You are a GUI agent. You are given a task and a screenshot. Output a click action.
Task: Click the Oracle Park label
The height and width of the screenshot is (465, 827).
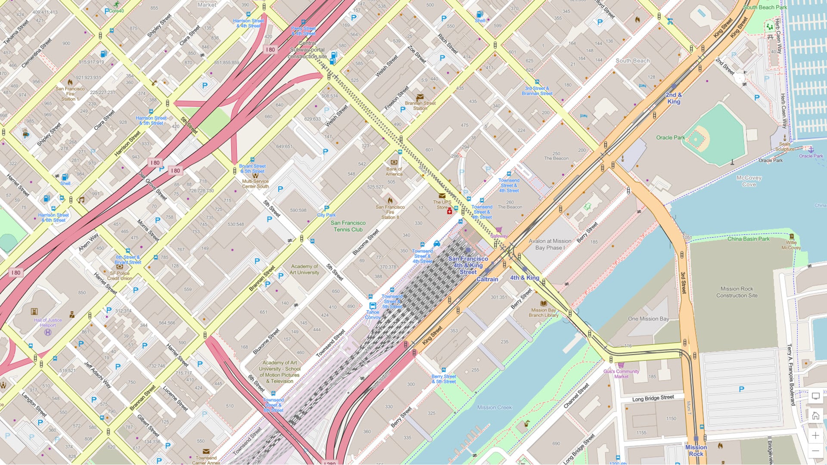(670, 138)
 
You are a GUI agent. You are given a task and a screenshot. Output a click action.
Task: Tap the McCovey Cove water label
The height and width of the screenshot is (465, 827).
(749, 181)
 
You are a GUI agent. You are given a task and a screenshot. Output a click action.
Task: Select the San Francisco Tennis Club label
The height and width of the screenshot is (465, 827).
(348, 226)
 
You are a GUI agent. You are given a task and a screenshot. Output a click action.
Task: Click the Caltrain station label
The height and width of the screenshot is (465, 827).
(487, 279)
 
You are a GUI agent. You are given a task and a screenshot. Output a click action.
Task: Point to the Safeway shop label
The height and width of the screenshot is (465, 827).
(499, 236)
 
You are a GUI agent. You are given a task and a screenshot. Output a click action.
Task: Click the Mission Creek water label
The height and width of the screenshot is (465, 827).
(494, 407)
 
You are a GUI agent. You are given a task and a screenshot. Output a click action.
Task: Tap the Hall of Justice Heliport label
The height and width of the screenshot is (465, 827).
(48, 322)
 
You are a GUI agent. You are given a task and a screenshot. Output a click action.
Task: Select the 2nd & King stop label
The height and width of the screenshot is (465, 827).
(674, 98)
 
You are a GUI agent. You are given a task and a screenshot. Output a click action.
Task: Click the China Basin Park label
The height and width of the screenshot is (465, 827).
(748, 239)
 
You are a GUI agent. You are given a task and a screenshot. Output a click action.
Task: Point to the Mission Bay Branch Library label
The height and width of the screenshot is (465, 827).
(543, 313)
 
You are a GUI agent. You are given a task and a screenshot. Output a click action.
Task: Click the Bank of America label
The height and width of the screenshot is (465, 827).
(394, 171)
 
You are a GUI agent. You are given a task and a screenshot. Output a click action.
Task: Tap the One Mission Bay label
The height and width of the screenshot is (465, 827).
(648, 319)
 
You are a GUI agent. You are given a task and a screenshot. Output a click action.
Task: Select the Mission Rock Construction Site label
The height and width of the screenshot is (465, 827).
(737, 292)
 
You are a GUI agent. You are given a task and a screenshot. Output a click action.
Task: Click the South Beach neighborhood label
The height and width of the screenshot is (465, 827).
(632, 61)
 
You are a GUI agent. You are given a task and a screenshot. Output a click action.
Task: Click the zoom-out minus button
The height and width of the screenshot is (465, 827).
(815, 451)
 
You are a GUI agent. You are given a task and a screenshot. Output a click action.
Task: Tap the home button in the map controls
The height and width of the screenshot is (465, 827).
(815, 416)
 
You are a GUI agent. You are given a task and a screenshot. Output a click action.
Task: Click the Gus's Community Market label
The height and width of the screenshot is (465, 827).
(621, 374)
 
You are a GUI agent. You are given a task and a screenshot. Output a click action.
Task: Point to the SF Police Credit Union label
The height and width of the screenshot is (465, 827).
(120, 276)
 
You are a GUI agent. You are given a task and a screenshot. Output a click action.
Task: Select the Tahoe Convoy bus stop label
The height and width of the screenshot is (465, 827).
(373, 315)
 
